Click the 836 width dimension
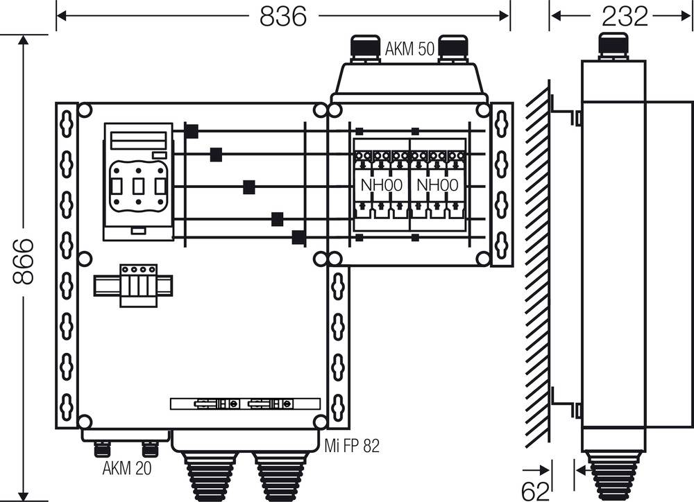(x=282, y=15)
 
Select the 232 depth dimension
(x=624, y=15)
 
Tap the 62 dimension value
(x=535, y=491)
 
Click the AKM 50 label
(x=409, y=49)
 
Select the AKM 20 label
(x=126, y=468)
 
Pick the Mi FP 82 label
(x=352, y=447)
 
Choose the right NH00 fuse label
(x=437, y=185)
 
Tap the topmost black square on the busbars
(x=192, y=130)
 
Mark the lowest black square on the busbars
(x=298, y=237)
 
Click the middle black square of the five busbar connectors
(x=248, y=187)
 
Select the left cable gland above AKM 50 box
(x=364, y=48)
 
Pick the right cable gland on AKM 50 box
(x=452, y=48)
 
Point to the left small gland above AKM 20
(x=101, y=449)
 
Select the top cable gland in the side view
(x=613, y=45)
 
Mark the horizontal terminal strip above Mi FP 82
(x=245, y=404)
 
